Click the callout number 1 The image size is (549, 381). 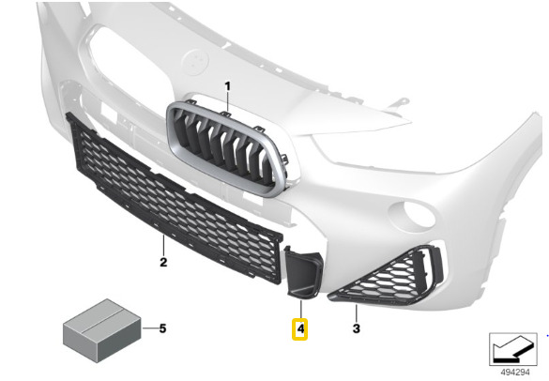[228, 86]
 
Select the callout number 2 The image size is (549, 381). [163, 262]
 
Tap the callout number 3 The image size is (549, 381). [356, 328]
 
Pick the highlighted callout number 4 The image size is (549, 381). [300, 329]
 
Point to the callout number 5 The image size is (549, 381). [162, 328]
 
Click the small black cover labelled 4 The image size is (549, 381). [302, 272]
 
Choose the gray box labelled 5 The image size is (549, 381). [102, 330]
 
